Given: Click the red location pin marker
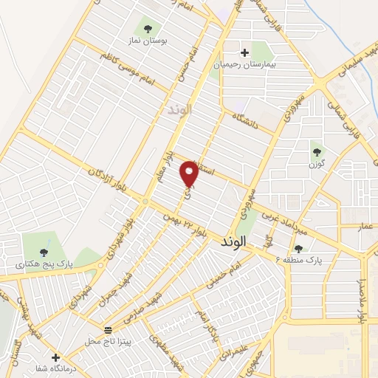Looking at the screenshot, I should (190, 173).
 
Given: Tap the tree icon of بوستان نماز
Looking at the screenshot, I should (148, 29).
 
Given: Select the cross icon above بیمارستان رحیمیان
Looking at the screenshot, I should (244, 52).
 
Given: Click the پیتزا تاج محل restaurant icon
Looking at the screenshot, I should (109, 329).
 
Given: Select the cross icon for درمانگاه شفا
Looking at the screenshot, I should (55, 357).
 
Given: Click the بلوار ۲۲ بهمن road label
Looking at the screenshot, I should (177, 225).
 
